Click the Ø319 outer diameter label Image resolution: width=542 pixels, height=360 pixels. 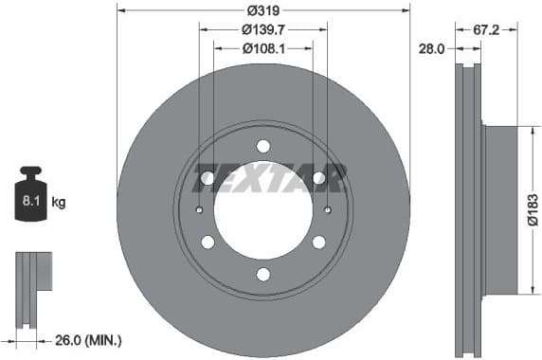(262, 11)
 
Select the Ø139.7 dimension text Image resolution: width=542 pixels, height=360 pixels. (263, 29)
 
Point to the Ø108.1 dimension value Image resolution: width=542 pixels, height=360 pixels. (263, 47)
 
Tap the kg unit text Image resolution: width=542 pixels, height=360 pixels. (59, 202)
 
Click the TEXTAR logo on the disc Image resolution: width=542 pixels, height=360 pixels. (269, 177)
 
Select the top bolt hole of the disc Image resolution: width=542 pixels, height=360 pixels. (263, 146)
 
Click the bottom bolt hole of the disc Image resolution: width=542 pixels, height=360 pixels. (263, 275)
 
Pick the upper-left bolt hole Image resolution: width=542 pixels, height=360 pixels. (208, 178)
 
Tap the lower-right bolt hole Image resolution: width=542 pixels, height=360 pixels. (319, 243)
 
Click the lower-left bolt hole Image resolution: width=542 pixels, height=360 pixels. (208, 243)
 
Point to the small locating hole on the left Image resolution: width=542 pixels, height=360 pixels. (199, 210)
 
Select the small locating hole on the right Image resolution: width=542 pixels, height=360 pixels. (328, 210)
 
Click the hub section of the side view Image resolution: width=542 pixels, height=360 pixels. (501, 210)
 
